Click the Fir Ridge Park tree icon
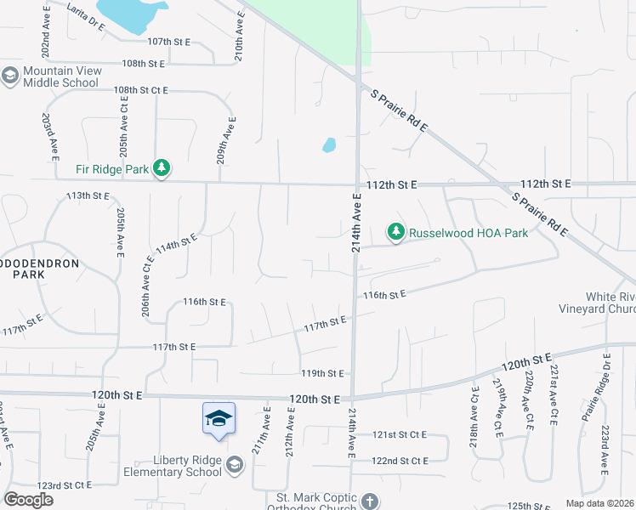coord(162,169)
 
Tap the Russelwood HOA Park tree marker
coord(395,231)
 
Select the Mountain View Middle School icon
coord(10,76)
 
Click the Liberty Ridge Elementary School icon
coord(236,465)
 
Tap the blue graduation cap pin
coord(219,419)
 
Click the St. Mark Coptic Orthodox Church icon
coord(369,501)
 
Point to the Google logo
coord(29,500)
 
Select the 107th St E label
coord(168,41)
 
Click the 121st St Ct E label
coord(400,434)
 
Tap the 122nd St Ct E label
coord(400,461)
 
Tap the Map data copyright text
coord(600,503)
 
